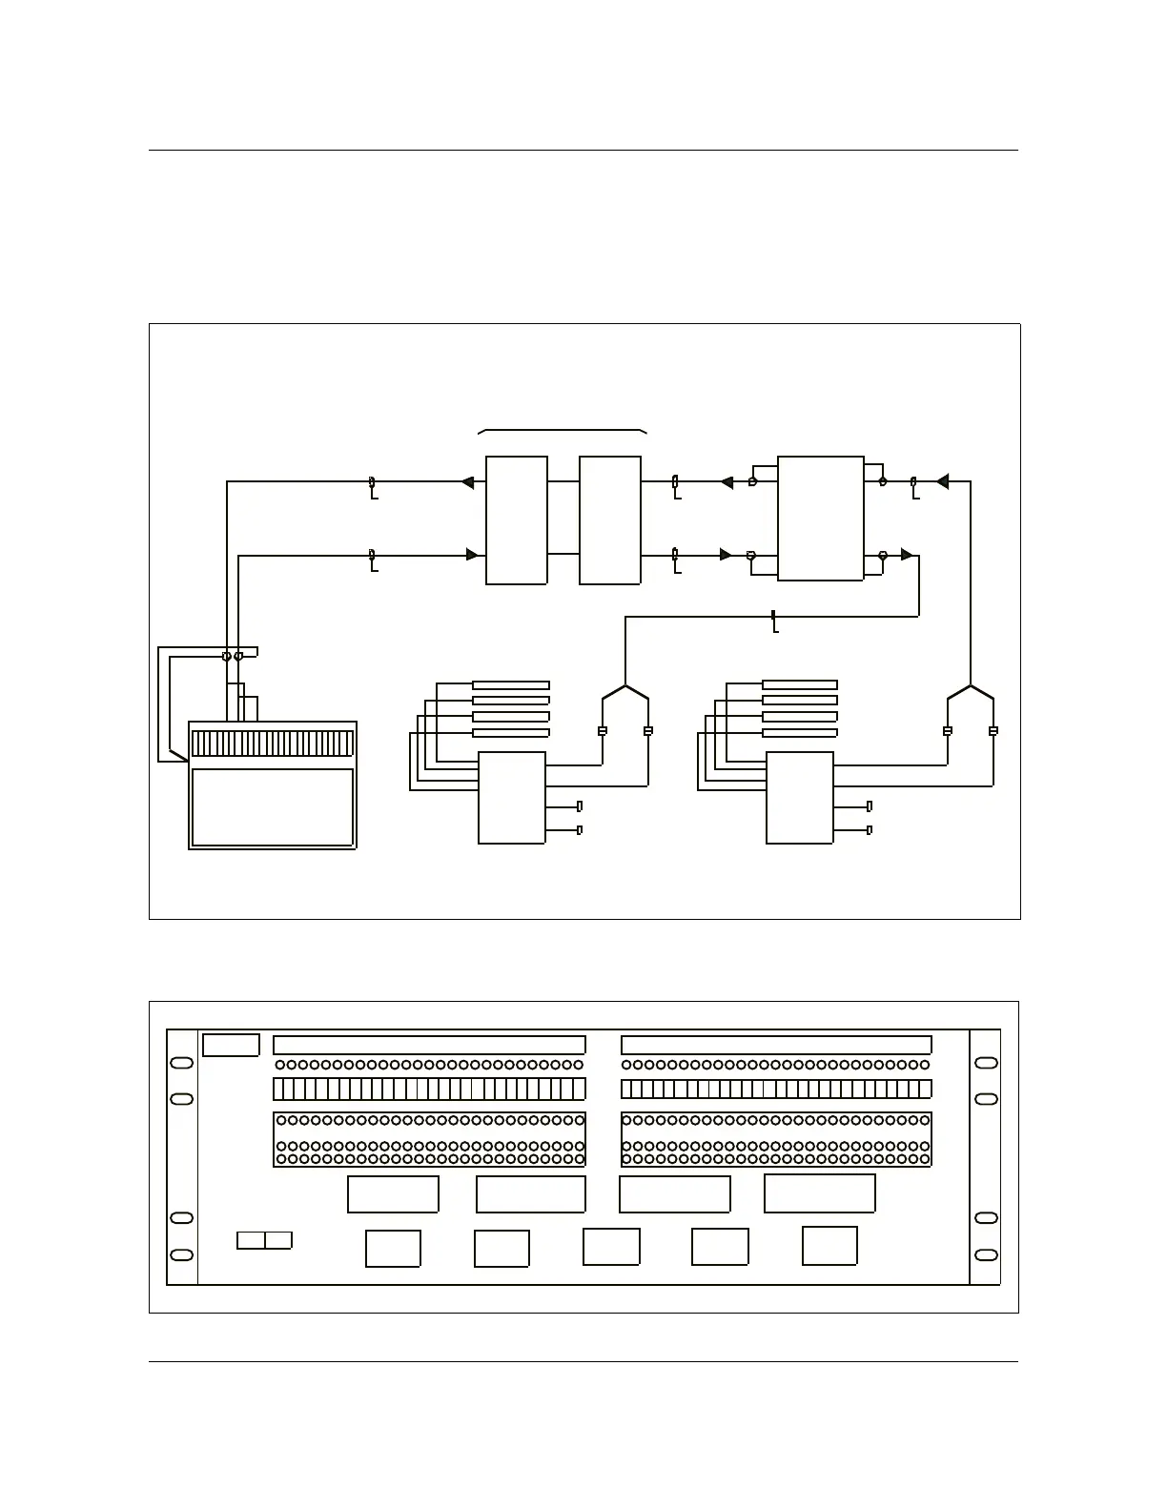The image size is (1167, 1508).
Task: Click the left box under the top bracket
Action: (x=517, y=520)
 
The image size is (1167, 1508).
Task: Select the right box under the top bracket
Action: (x=610, y=520)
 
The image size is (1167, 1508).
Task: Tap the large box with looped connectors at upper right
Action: (x=821, y=519)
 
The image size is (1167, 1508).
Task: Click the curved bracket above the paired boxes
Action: (x=563, y=431)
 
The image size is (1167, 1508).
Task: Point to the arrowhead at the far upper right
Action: (x=942, y=482)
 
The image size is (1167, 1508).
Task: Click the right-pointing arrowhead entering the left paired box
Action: (x=472, y=555)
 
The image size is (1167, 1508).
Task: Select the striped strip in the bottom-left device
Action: (x=273, y=744)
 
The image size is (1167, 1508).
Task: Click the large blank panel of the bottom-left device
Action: (x=273, y=807)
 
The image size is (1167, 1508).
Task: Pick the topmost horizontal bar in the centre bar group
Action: (x=511, y=685)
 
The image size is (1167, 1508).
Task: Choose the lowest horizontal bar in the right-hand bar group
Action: (x=800, y=733)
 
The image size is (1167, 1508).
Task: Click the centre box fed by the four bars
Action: (x=512, y=798)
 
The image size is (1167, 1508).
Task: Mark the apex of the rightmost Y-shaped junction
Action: (x=971, y=686)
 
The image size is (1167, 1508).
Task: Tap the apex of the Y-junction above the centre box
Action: (x=625, y=686)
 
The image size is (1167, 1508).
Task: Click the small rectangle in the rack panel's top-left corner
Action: (x=231, y=1045)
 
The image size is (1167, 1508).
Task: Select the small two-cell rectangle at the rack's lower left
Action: (x=264, y=1240)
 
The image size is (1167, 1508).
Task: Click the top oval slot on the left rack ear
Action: (x=181, y=1063)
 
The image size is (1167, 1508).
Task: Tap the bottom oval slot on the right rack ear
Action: (x=987, y=1255)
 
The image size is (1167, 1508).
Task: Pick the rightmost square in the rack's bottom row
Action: (x=829, y=1246)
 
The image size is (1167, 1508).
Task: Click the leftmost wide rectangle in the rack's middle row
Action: (x=393, y=1194)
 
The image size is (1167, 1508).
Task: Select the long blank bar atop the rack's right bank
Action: (x=776, y=1045)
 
